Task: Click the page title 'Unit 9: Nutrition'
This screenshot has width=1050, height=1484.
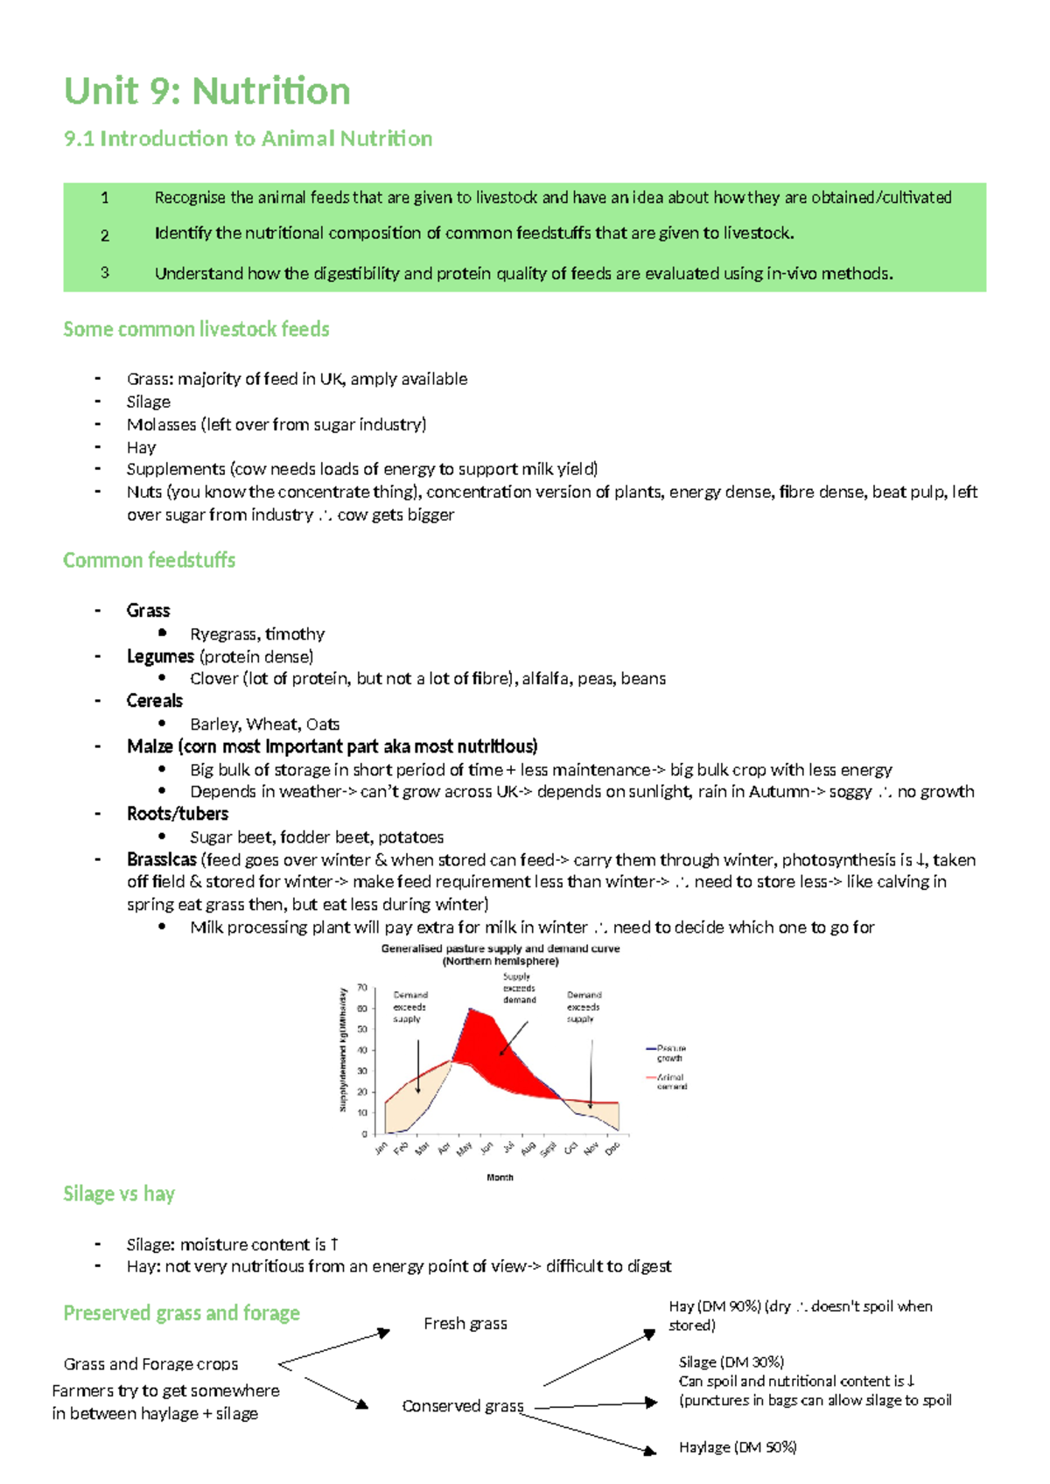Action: (207, 91)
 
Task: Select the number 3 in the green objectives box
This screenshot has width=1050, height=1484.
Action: (105, 272)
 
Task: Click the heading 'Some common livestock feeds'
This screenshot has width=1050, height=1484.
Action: (196, 329)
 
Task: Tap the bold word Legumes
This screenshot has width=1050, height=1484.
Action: (160, 656)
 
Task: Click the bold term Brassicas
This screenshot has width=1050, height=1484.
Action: (161, 859)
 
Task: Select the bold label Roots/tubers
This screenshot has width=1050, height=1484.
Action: (178, 814)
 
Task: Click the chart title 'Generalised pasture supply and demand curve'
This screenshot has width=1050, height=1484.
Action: (500, 948)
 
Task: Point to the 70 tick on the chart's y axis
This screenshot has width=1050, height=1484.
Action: (361, 988)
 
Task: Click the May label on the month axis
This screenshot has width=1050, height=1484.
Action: (465, 1147)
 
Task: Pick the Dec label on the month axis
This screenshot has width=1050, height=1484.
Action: (612, 1147)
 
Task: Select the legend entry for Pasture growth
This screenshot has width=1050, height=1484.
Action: (668, 1053)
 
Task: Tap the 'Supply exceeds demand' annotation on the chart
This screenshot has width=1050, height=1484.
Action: (519, 988)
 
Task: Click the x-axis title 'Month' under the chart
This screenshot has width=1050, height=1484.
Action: (500, 1178)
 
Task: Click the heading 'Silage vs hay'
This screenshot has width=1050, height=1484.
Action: (119, 1193)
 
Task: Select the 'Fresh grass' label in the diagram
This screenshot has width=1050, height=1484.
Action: (465, 1324)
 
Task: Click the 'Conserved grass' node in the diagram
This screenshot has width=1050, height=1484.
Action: (462, 1406)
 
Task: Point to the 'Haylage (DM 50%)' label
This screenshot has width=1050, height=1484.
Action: (738, 1447)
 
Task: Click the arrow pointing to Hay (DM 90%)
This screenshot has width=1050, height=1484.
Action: (600, 1359)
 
